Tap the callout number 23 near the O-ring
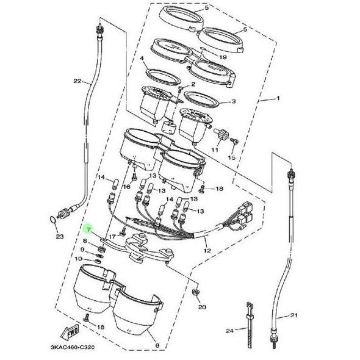[59, 236]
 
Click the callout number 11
[214, 149]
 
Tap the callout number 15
[231, 158]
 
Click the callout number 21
[293, 315]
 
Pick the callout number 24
[229, 331]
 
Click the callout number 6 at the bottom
[157, 346]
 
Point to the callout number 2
[193, 84]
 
